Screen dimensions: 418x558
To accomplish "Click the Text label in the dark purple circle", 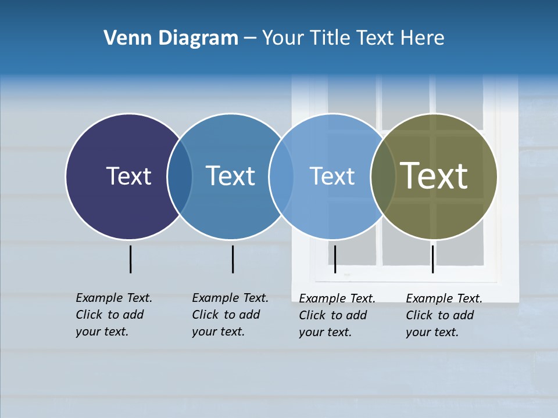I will (x=128, y=176).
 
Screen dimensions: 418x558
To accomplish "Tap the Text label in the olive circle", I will (x=434, y=176).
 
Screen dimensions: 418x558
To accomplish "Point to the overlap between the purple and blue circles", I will (x=180, y=176).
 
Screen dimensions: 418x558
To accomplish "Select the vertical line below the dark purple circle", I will (x=130, y=259).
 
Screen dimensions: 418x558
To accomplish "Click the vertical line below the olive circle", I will (x=432, y=259).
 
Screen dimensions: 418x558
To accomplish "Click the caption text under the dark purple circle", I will (x=114, y=315).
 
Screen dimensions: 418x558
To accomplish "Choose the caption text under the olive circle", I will (x=444, y=315).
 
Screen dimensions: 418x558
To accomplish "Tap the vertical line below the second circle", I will (x=233, y=259).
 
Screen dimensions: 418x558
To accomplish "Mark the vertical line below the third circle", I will (x=335, y=259).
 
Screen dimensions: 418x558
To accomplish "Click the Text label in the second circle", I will (x=230, y=176).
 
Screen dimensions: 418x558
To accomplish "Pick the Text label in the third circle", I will (x=332, y=176).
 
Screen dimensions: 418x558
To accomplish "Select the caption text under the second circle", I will (x=230, y=315).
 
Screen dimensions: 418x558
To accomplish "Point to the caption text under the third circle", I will (x=337, y=315).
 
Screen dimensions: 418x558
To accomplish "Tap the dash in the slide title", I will (x=250, y=38).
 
